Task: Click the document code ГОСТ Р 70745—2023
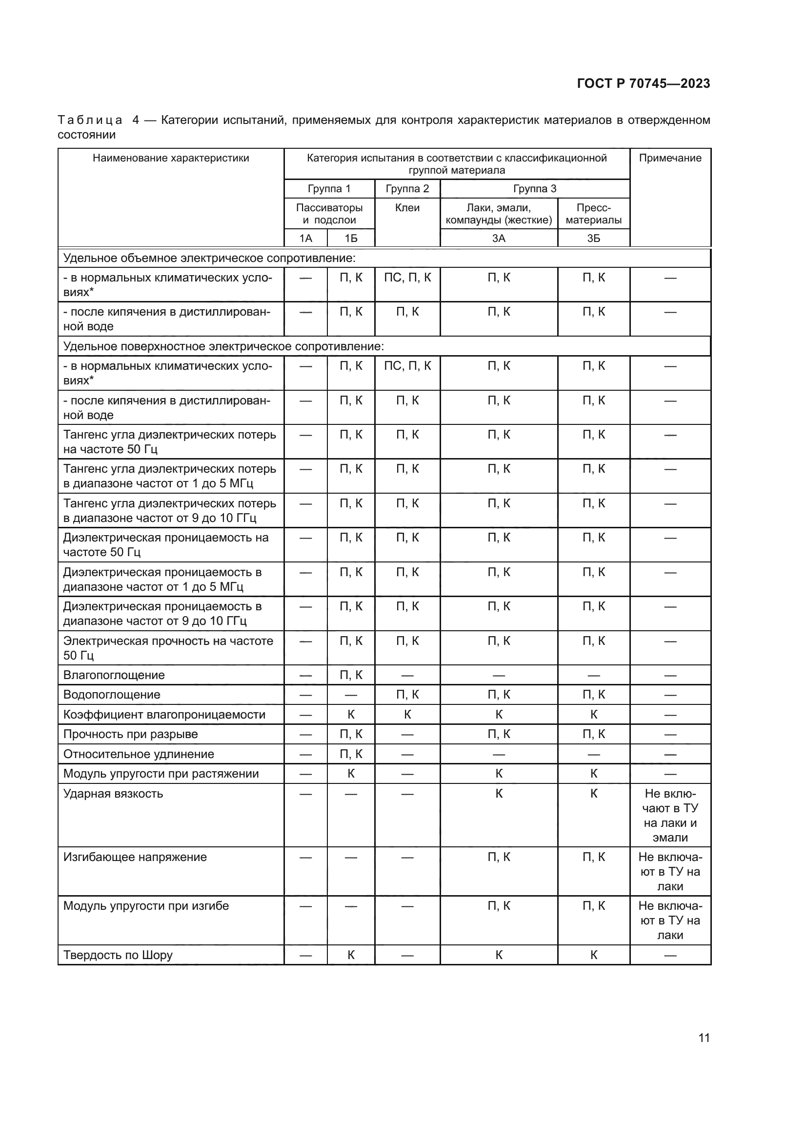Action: (643, 83)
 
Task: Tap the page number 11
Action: (704, 1038)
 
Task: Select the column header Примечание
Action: (670, 158)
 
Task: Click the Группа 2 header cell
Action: (407, 189)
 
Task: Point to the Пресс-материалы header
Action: (593, 214)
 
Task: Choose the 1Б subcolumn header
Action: (351, 239)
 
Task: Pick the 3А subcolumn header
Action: (499, 239)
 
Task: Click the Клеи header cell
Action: (407, 208)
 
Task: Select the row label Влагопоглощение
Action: (114, 675)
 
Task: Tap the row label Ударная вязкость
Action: (113, 793)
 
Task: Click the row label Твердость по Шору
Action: (118, 955)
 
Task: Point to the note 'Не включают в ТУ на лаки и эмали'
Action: (670, 815)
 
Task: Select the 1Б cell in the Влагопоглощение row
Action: (351, 675)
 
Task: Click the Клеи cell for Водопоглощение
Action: (407, 694)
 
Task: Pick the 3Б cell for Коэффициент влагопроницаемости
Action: (593, 714)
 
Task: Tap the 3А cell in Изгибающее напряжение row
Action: (499, 857)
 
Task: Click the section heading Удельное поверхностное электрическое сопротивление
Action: (223, 346)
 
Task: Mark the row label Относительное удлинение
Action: (139, 754)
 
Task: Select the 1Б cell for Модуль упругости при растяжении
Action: (351, 773)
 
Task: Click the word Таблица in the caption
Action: (90, 120)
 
